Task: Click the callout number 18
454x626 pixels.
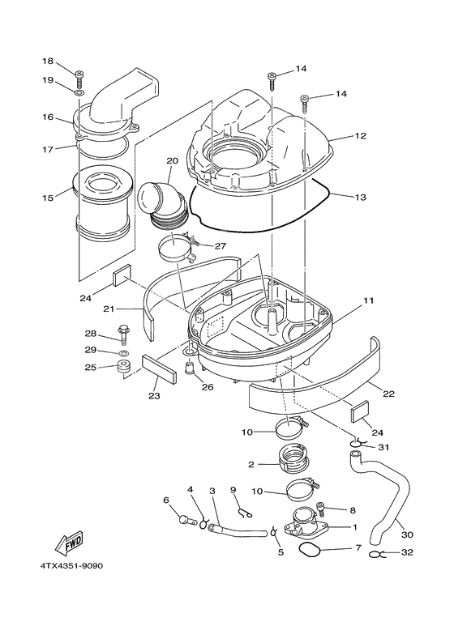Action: click(x=47, y=62)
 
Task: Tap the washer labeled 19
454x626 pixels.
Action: click(x=80, y=93)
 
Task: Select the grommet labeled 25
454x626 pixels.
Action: click(x=123, y=369)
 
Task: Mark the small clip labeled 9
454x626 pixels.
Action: click(x=243, y=509)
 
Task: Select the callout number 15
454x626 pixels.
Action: click(x=47, y=197)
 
